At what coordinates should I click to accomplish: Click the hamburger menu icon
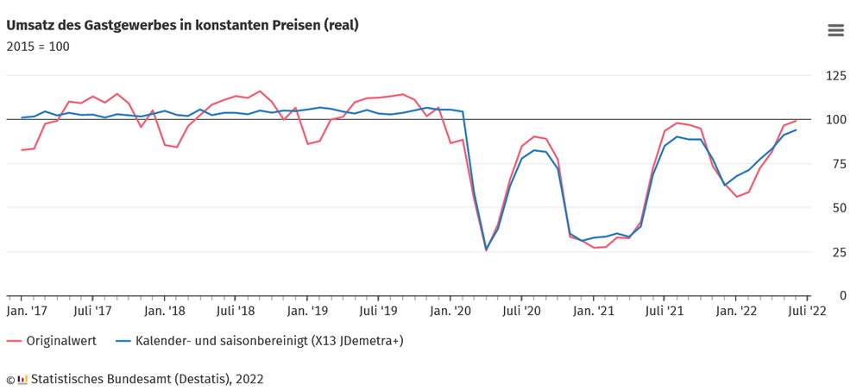point(835,31)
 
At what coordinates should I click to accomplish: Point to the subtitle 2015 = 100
point(38,47)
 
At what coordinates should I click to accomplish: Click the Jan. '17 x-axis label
point(26,311)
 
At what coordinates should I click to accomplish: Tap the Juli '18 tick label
point(236,311)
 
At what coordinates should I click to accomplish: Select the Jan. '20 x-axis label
point(450,311)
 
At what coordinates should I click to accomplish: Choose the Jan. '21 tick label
point(594,311)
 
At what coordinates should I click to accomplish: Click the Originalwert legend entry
point(52,342)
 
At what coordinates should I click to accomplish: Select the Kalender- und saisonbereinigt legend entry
point(259,342)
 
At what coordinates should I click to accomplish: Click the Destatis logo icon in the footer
point(22,380)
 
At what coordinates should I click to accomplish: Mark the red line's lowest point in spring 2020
point(486,250)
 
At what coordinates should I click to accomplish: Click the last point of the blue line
point(796,130)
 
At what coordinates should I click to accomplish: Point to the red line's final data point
point(796,121)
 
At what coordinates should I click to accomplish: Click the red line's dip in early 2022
point(736,197)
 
